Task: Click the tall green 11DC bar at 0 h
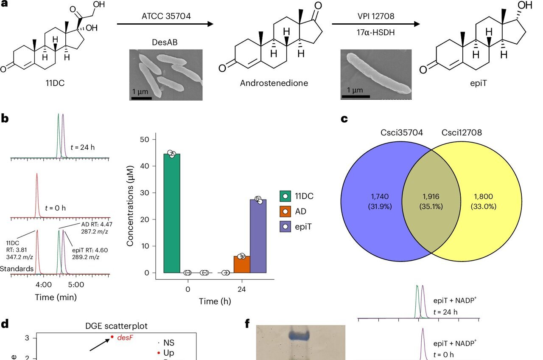tap(172, 212)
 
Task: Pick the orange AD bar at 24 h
tap(242, 264)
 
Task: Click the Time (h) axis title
tap(216, 301)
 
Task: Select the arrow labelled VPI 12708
tap(375, 24)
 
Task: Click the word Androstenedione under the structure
tap(274, 83)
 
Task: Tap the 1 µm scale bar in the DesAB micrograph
tap(141, 98)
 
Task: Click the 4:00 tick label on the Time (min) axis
tap(44, 284)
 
